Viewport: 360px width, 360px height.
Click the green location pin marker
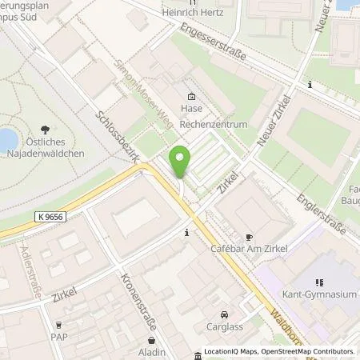(x=181, y=163)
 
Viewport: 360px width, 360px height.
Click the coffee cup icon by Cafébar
(x=248, y=238)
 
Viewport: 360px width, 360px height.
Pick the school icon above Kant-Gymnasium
(x=318, y=282)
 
